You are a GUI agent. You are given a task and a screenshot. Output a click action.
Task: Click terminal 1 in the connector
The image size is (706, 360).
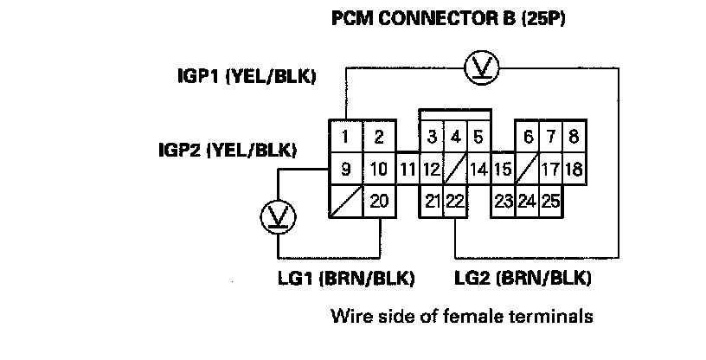pos(345,136)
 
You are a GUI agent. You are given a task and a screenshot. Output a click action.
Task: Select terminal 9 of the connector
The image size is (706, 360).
pos(345,169)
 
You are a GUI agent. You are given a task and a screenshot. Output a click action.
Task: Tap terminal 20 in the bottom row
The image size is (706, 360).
pos(378,201)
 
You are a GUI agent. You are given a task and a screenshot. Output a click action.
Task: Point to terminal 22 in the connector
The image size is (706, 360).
pos(455,201)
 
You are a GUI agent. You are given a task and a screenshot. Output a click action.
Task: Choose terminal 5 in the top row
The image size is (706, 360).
pos(478,136)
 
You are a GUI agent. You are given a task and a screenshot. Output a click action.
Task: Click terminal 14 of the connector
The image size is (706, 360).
pos(478,169)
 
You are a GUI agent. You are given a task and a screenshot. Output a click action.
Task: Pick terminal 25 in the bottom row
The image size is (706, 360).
pos(550,201)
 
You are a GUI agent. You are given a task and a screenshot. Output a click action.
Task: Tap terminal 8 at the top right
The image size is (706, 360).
pos(573,136)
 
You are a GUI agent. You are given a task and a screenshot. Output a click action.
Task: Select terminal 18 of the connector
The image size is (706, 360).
pos(573,169)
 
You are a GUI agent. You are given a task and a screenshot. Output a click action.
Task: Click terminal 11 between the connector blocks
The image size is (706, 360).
pos(408,169)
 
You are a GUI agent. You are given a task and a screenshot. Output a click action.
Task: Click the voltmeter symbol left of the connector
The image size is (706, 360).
pos(279,216)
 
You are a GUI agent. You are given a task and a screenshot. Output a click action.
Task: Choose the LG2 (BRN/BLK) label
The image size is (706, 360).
pos(523,279)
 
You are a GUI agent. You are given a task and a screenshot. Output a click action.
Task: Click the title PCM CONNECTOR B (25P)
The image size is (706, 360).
pos(449,18)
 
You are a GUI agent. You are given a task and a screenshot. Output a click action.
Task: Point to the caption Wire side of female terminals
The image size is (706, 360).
pos(461,316)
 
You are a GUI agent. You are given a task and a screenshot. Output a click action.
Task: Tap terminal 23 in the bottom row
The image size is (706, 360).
pos(503,201)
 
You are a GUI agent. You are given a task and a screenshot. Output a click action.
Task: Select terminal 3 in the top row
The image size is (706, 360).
pos(430,136)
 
